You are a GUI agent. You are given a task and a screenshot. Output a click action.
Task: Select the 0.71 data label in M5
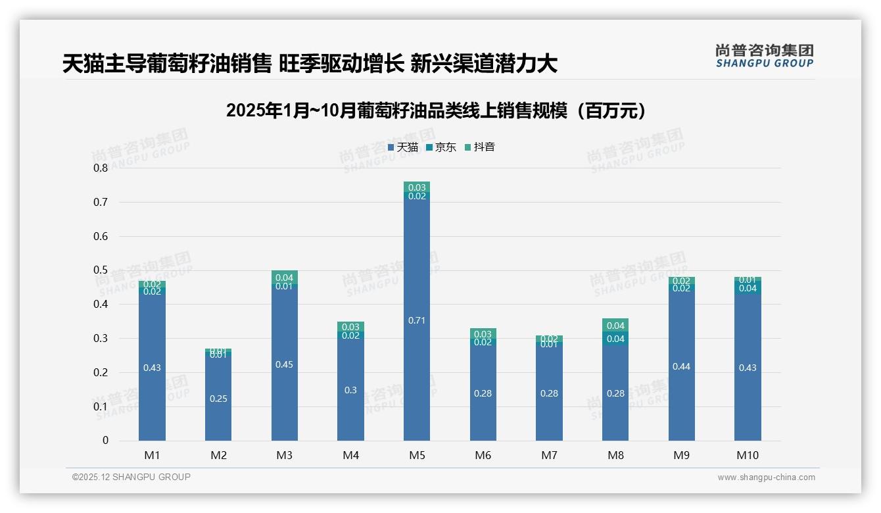417,320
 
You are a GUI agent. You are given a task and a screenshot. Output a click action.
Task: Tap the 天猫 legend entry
403,147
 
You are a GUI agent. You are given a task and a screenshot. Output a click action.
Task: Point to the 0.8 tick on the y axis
101,168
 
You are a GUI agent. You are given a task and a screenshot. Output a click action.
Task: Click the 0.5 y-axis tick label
101,270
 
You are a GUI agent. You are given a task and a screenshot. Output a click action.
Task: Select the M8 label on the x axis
615,455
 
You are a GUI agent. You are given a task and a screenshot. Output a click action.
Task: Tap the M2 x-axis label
218,455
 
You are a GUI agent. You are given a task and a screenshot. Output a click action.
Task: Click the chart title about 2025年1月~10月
436,110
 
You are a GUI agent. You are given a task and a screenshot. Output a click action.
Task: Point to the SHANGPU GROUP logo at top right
765,56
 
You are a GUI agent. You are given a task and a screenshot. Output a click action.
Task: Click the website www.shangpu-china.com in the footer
766,477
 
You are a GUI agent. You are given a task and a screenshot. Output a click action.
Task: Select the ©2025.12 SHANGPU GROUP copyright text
131,477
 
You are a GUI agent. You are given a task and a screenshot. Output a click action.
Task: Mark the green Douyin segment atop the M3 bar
285,277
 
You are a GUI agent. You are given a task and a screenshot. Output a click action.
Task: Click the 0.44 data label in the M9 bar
682,366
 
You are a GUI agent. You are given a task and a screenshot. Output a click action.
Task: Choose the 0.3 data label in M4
350,390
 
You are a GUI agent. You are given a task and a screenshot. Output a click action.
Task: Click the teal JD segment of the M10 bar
748,288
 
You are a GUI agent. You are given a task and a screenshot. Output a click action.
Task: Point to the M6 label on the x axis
483,455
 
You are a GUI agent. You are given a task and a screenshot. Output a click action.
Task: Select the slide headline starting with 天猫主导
310,64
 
